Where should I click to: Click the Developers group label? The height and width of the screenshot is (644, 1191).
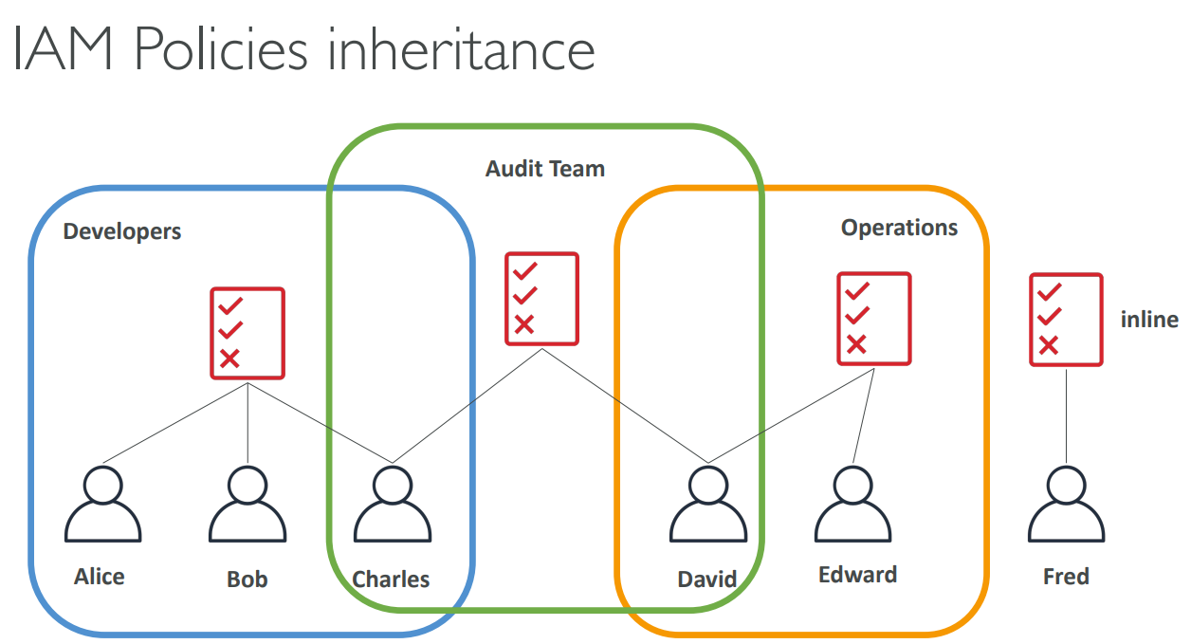[x=122, y=231]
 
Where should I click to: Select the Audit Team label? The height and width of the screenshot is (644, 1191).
[x=545, y=169]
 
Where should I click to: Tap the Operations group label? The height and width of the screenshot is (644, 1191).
[x=899, y=228]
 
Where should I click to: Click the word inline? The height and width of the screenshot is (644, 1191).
[x=1149, y=320]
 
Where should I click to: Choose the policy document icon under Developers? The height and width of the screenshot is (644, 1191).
[x=247, y=333]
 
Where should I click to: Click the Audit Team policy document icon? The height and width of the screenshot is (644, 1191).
[x=541, y=298]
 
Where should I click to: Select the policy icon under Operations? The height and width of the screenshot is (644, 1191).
[x=873, y=319]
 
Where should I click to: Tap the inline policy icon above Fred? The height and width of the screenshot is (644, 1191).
[x=1066, y=320]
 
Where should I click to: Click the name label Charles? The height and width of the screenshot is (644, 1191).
[x=391, y=579]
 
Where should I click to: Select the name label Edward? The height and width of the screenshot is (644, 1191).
[x=857, y=575]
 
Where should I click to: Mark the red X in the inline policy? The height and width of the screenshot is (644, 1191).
[x=1048, y=345]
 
